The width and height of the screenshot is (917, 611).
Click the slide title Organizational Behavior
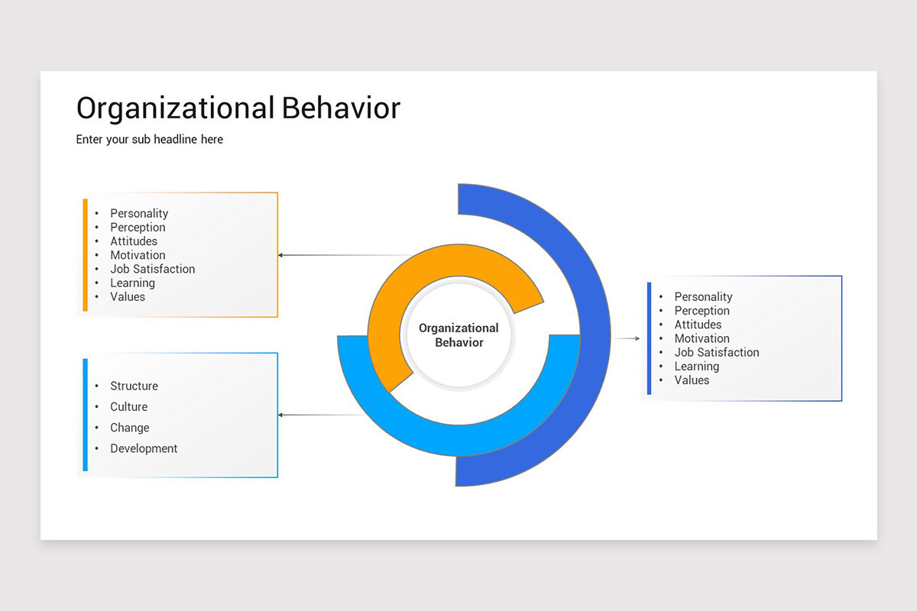pos(238,108)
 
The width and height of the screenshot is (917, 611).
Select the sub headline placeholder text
pos(150,139)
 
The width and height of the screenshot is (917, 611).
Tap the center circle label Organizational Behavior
pos(458,335)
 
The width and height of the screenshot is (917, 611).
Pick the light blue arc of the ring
pos(458,439)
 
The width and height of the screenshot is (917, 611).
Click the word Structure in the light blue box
pos(134,386)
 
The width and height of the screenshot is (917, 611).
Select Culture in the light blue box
pos(128,407)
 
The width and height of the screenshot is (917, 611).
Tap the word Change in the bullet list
pos(129,428)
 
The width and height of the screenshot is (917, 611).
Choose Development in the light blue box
pos(144,448)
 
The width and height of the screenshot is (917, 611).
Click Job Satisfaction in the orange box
pos(152,269)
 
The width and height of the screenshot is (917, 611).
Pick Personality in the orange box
pos(139,213)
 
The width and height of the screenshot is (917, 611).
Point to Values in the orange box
pos(127,296)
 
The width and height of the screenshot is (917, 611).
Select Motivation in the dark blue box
pos(702,338)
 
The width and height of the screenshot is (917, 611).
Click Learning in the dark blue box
pos(696,366)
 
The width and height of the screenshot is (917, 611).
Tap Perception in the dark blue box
pos(702,311)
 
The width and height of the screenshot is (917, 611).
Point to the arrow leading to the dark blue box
pos(627,338)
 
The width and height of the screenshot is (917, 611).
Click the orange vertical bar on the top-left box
pos(86,255)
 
